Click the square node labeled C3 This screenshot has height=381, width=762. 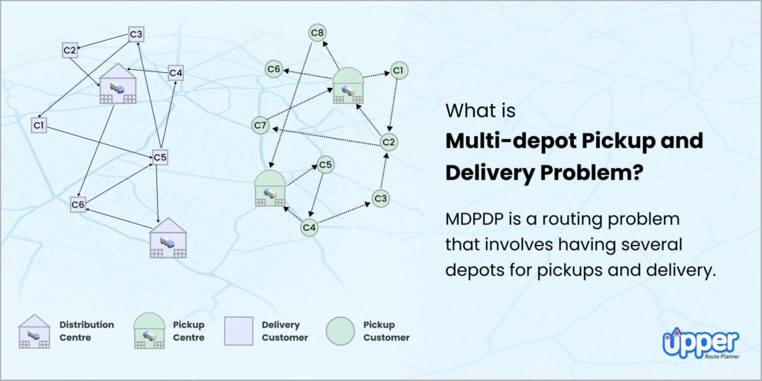coord(136,33)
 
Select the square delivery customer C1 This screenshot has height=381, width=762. coord(39,126)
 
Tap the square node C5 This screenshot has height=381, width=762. coord(160,156)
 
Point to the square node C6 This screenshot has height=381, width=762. coord(79,204)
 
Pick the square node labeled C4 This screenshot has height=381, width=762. coord(176,73)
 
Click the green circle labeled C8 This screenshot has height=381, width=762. coord(318,33)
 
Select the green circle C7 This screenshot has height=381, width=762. coord(260,126)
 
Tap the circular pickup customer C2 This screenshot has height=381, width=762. coord(388,142)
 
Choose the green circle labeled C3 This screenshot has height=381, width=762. coord(380,198)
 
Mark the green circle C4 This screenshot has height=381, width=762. coord(310,228)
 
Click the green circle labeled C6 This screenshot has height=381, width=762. coord(275,69)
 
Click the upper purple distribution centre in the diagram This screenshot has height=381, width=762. coord(118,83)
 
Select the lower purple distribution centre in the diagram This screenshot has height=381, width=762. coord(168,238)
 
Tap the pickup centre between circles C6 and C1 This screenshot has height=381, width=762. coord(348,85)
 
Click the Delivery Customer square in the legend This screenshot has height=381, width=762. coord(236,331)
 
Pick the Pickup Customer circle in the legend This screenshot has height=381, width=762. coord(339,331)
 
